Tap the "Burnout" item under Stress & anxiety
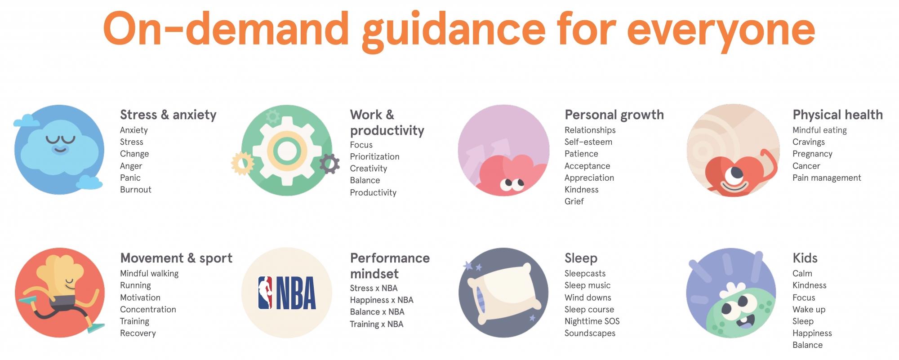coord(135,190)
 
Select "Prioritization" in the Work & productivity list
coord(374,157)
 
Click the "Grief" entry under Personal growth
coord(574,201)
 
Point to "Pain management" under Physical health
coord(827,178)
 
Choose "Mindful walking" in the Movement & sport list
coord(149,274)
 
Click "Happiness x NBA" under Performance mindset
coord(382,300)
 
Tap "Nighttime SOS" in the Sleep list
coord(592,321)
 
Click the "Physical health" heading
coord(837,115)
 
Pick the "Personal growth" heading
coord(614,115)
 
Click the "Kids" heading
coord(805,258)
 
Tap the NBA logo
coord(287,293)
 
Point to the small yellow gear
coord(242,163)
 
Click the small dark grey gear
coord(329,164)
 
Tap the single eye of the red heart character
coord(736,173)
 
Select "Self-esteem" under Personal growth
coord(588,142)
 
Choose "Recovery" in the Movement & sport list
coord(138,333)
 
